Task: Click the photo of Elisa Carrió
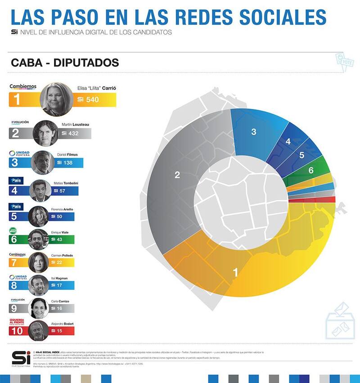pos(56,99)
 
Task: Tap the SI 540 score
pos(88,99)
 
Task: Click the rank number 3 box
pos(15,162)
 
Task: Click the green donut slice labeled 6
pos(311,170)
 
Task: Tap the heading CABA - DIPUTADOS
pos(65,63)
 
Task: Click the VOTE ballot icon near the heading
pos(345,62)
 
